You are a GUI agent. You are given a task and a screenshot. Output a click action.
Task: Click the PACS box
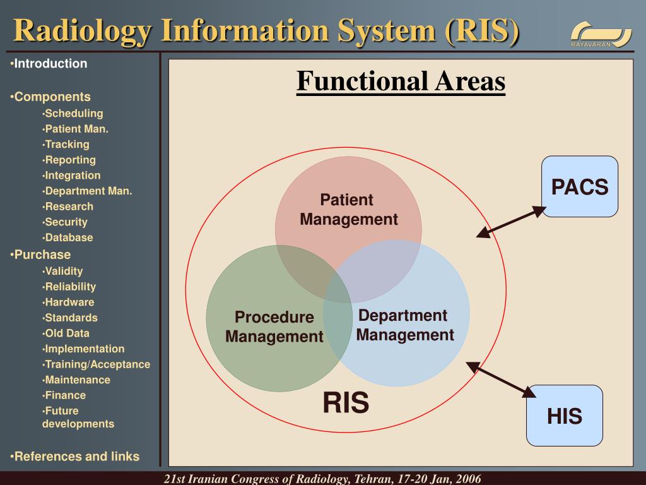580,187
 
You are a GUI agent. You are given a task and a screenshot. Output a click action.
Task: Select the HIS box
565,416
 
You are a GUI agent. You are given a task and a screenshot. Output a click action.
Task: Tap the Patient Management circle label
348,210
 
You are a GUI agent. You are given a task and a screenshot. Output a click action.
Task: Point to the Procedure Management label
274,326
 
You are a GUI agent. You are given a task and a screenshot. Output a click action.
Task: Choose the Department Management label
404,325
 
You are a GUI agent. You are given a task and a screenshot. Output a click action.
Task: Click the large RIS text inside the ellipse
346,403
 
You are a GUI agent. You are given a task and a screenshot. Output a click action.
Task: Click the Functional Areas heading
401,81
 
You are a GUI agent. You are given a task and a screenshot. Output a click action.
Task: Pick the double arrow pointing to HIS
501,380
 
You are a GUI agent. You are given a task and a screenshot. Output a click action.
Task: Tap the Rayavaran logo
601,34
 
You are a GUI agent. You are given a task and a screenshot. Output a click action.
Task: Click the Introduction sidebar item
50,64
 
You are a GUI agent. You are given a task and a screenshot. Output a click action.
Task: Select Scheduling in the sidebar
73,114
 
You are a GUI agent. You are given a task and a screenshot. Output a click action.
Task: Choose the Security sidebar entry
66,222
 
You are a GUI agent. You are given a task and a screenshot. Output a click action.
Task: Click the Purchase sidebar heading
42,254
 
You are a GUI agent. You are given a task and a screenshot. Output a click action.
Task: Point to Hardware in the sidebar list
69,302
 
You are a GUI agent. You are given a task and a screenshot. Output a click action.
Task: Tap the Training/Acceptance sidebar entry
97,364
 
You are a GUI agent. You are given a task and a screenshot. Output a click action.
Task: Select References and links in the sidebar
76,457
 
